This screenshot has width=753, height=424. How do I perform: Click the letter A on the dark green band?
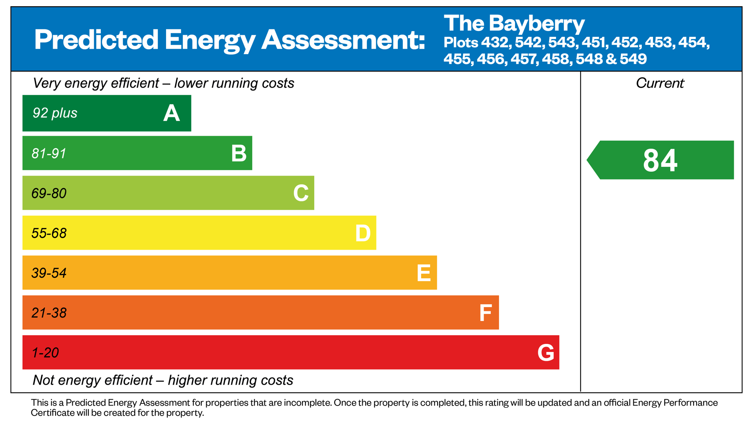click(x=172, y=113)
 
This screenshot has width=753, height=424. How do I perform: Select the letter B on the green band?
click(x=239, y=153)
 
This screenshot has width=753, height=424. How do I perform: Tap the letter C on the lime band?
click(x=301, y=193)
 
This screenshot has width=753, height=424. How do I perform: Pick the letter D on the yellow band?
click(x=363, y=233)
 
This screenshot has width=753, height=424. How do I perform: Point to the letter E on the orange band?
click(x=424, y=273)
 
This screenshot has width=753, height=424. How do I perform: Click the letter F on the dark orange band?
click(x=485, y=313)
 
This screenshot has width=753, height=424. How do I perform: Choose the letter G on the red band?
click(x=546, y=353)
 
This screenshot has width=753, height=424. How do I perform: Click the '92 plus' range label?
click(x=55, y=113)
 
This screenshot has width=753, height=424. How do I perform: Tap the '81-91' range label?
click(x=49, y=153)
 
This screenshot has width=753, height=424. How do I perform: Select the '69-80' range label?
click(x=49, y=193)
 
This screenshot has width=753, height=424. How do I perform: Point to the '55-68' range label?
click(x=49, y=233)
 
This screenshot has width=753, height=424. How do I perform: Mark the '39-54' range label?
click(x=49, y=273)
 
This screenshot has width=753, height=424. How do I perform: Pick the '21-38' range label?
click(x=49, y=313)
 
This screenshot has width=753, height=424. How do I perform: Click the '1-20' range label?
click(x=45, y=353)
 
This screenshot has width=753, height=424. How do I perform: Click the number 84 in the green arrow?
click(x=660, y=160)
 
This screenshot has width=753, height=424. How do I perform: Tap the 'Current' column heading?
click(x=660, y=83)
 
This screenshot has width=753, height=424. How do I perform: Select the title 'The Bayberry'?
click(x=514, y=23)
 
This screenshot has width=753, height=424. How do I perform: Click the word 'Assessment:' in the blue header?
click(x=343, y=40)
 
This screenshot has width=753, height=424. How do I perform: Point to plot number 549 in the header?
click(x=633, y=59)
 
